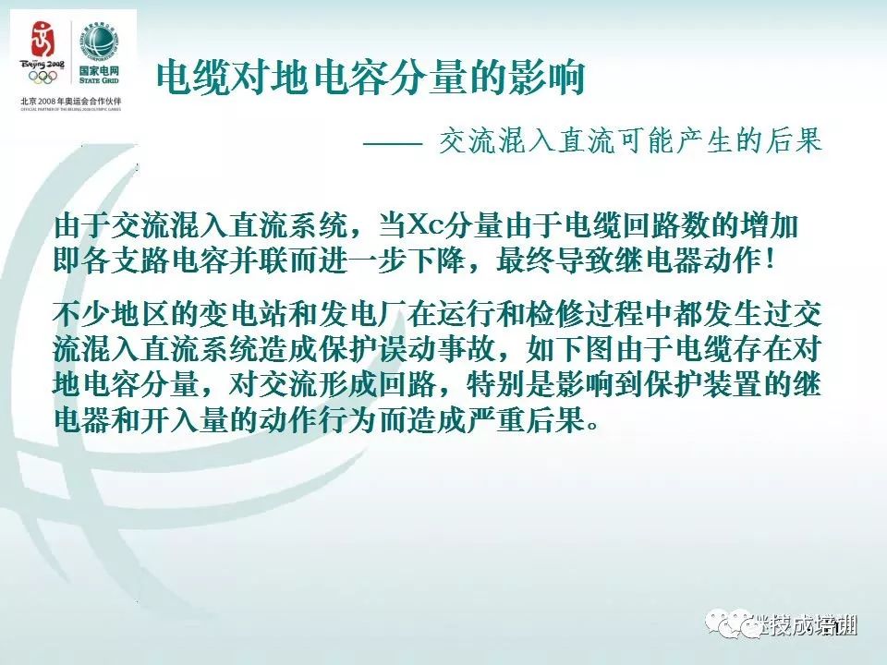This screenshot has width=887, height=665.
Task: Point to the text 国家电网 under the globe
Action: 100,72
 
